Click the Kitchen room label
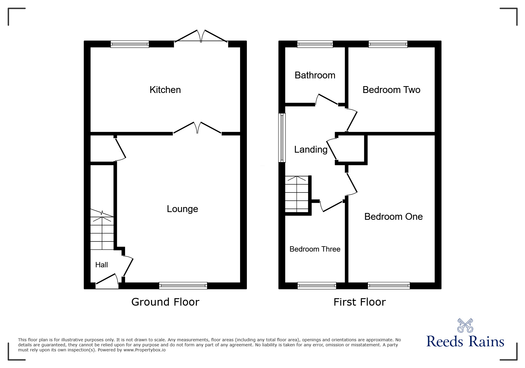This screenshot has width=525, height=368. [165, 90]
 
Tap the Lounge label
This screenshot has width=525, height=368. [182, 209]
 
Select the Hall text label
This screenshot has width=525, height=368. [101, 265]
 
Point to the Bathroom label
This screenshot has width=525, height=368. [315, 75]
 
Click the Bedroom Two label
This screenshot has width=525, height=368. [391, 90]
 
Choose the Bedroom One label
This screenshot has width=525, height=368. [393, 217]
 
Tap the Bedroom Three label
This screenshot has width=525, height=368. [315, 249]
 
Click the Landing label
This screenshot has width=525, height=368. [311, 149]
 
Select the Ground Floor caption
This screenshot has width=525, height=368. [165, 302]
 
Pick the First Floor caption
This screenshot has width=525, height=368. [360, 302]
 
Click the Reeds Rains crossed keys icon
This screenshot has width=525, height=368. [465, 326]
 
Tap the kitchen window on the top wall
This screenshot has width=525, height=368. [130, 44]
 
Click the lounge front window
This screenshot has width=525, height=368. [183, 286]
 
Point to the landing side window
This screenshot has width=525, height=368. [282, 138]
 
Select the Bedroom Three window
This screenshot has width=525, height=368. [317, 286]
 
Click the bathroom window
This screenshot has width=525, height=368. [315, 44]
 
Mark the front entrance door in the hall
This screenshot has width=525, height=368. [107, 282]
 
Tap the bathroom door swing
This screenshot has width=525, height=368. [327, 100]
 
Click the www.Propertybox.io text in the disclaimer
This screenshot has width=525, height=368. [144, 350]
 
